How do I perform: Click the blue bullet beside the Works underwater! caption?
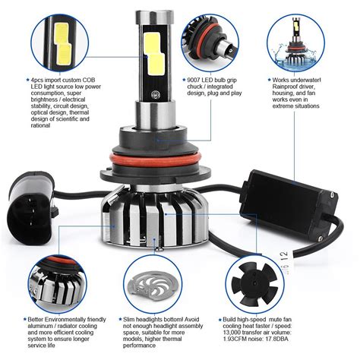269,78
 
